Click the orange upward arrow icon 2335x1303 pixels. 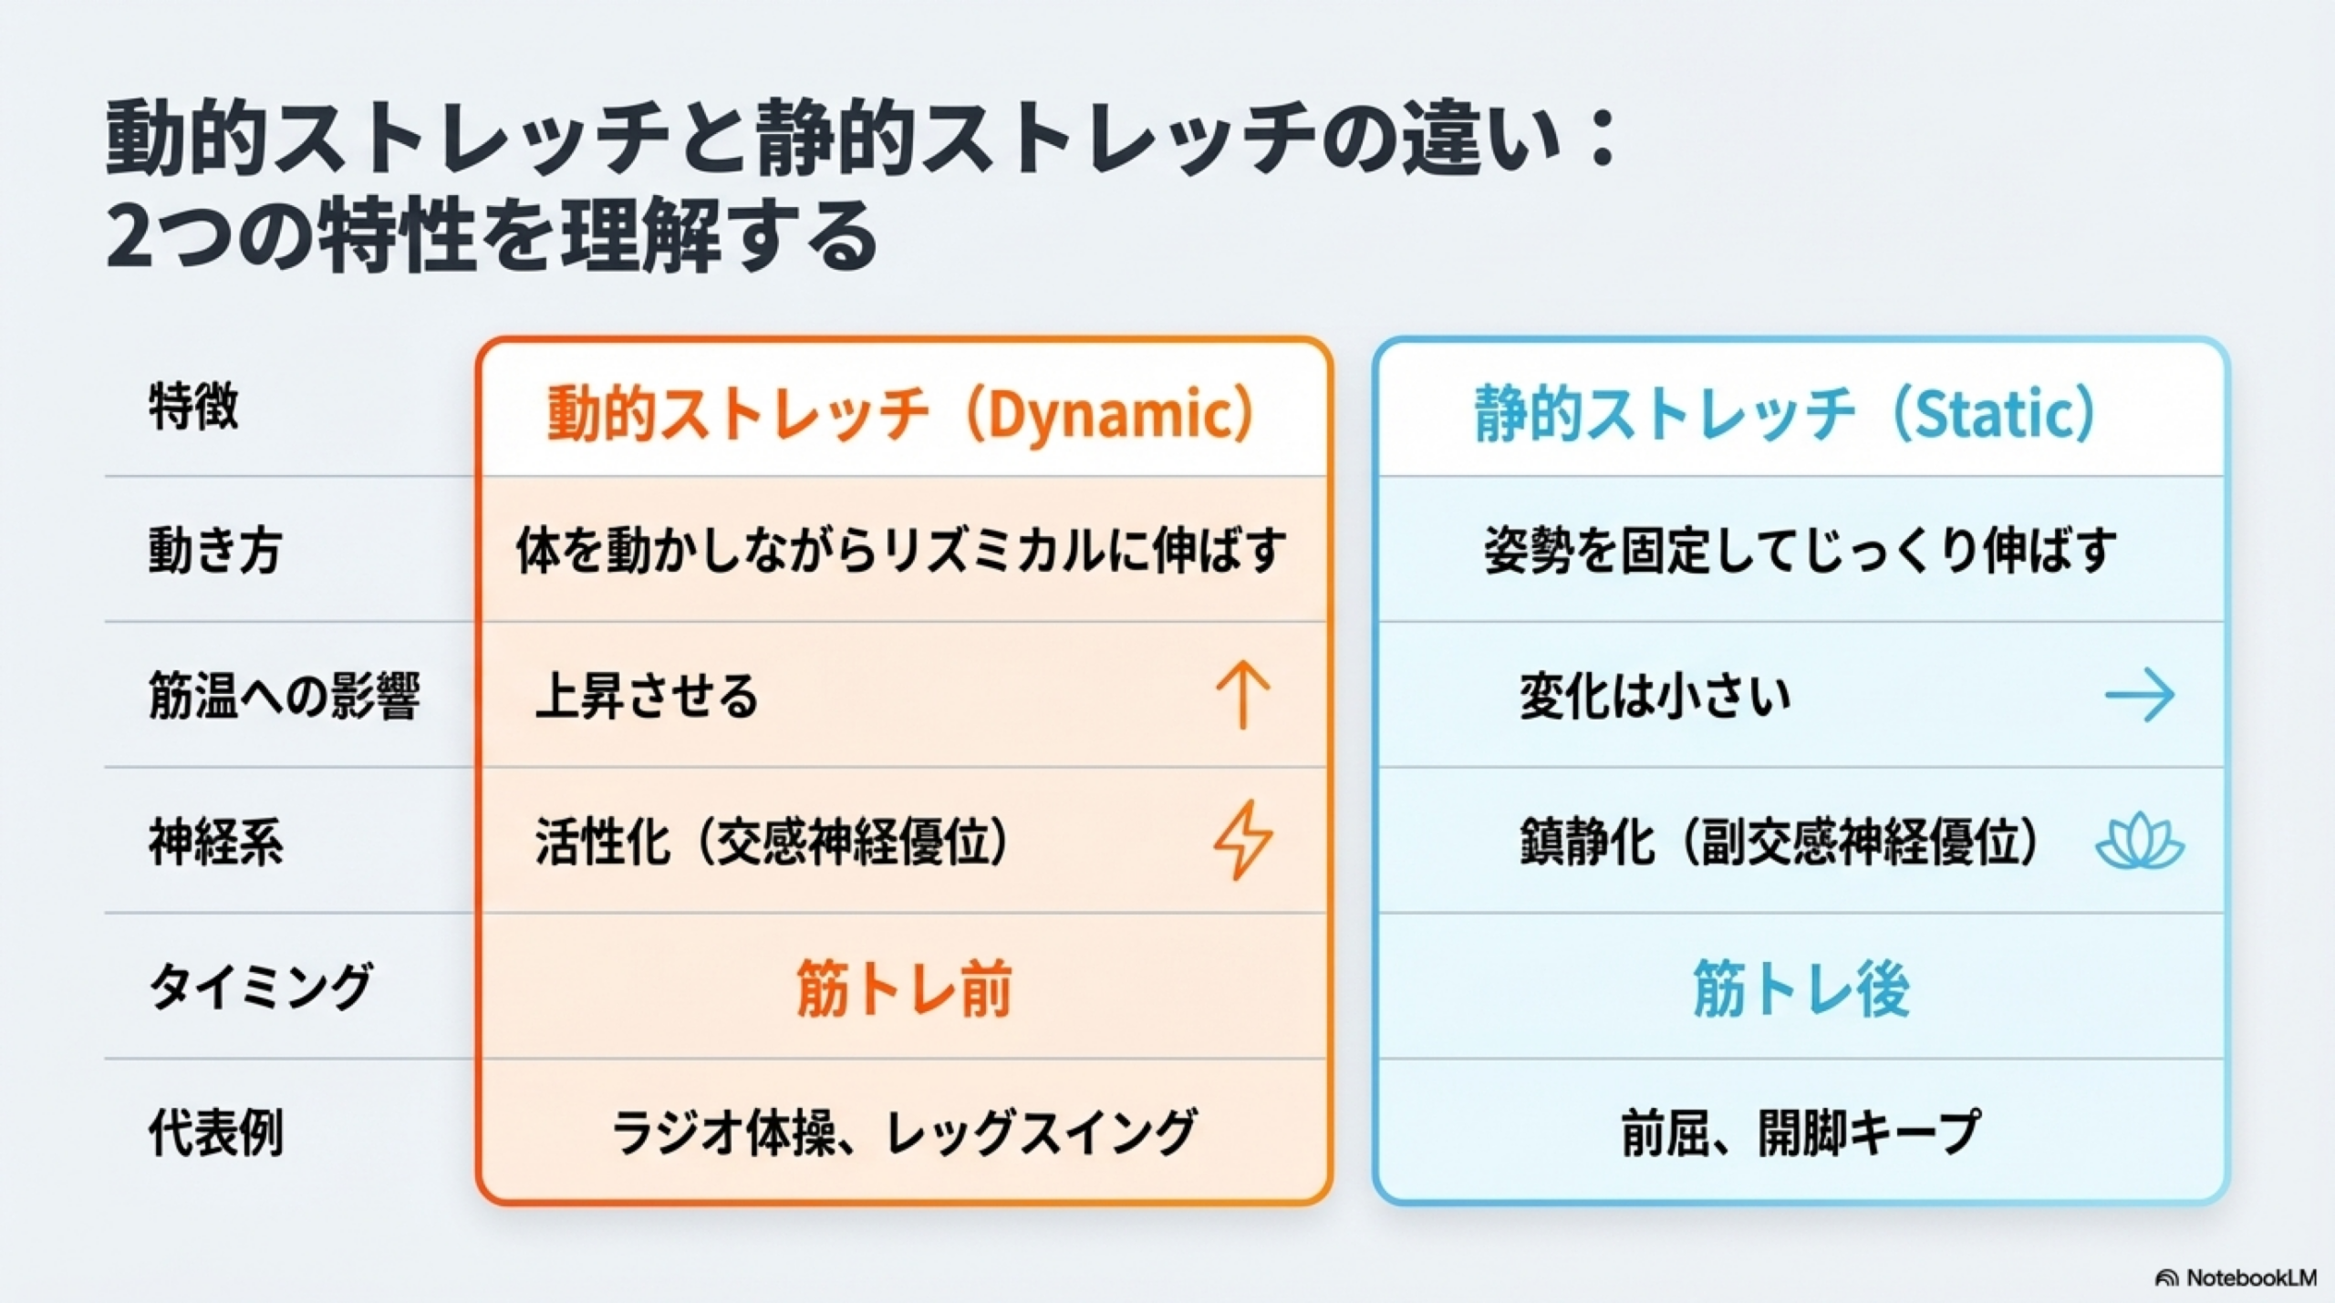click(x=1243, y=696)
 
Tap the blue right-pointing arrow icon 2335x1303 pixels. click(x=2140, y=695)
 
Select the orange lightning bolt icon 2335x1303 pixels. click(x=1243, y=840)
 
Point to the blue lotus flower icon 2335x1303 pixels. click(x=2140, y=842)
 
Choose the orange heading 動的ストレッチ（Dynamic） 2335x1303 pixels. click(x=902, y=414)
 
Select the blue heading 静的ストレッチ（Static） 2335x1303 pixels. click(x=1785, y=414)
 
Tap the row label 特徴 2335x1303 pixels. click(x=193, y=406)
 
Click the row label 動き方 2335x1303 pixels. click(x=215, y=551)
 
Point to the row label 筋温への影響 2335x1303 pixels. click(x=285, y=696)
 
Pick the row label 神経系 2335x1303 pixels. click(x=216, y=842)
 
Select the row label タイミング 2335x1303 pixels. click(x=261, y=987)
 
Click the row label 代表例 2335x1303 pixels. click(x=216, y=1132)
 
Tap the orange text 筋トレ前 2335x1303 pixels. click(x=904, y=988)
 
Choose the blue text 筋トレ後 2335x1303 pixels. click(x=1801, y=988)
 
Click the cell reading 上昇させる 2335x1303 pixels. click(x=647, y=696)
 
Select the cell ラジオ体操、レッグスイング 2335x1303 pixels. click(x=903, y=1132)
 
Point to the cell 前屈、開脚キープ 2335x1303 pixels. click(x=1801, y=1132)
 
